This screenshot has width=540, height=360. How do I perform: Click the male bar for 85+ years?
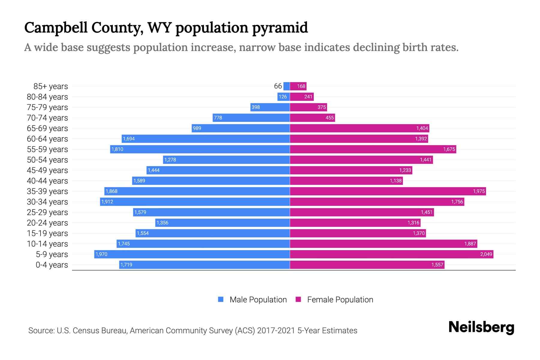(x=286, y=86)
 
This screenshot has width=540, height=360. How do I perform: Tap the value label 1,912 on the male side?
(x=107, y=202)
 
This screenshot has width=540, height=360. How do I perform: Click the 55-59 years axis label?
(x=47, y=149)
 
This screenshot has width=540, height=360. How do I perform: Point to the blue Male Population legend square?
(x=221, y=299)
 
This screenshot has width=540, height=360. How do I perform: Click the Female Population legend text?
(x=340, y=299)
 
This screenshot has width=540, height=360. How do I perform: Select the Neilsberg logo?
(x=481, y=327)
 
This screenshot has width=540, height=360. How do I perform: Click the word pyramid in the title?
(x=280, y=28)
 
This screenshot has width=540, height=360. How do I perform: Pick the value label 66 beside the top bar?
(x=278, y=86)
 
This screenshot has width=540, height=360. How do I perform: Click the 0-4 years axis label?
(x=52, y=265)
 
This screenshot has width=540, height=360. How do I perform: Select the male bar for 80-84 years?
(x=283, y=97)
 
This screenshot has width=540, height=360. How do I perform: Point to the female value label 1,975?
(x=479, y=191)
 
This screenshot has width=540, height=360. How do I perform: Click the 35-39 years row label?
(x=47, y=191)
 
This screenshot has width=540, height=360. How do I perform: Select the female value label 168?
(x=301, y=86)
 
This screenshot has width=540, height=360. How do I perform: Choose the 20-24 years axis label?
(x=47, y=223)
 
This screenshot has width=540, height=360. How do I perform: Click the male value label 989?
(x=197, y=128)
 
